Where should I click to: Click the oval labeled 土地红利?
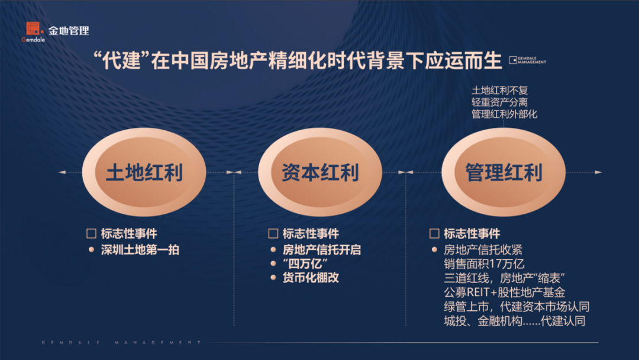coord(144,172)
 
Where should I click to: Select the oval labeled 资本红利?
coord(320,172)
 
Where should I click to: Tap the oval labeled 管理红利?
coord(504,172)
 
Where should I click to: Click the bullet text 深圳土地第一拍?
coord(140,250)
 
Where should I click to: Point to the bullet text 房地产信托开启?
coord(322,250)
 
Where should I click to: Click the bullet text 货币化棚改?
coord(311,278)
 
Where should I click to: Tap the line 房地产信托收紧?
coord(483,249)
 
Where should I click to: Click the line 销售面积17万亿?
coord(484,263)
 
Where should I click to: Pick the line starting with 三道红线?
coord(505,278)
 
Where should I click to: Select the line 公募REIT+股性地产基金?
coord(504,292)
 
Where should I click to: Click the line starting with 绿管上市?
coord(517,307)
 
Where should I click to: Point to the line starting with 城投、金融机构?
coord(514,321)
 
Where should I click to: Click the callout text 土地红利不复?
coord(499,90)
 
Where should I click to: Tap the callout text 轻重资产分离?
coord(499,102)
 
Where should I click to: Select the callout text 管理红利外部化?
coord(504,114)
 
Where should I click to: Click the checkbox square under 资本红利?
coord(273,233)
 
